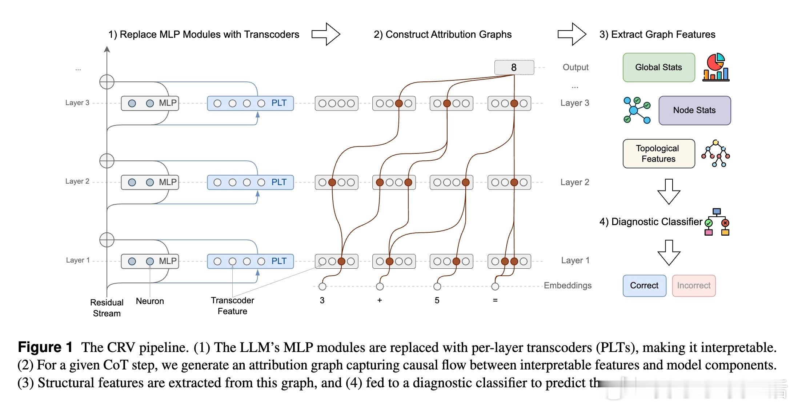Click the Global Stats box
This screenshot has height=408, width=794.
(x=658, y=67)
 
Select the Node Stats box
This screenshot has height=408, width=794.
(x=694, y=110)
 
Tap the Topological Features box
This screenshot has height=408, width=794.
(x=658, y=153)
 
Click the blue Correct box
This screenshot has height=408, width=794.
(x=644, y=285)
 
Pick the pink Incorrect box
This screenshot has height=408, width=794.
(x=694, y=285)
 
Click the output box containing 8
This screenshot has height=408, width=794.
(x=514, y=67)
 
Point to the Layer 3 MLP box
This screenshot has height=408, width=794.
(x=150, y=103)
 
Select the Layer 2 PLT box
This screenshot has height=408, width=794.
(x=250, y=182)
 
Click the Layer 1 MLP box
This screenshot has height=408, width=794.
(x=150, y=261)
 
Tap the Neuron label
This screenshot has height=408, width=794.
(x=150, y=301)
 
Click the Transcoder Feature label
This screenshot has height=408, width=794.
(x=232, y=305)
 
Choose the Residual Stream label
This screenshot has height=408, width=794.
(x=107, y=308)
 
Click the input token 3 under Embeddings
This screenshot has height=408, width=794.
(x=322, y=300)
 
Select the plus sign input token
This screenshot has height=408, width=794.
(x=380, y=300)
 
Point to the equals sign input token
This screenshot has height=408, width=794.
(x=495, y=300)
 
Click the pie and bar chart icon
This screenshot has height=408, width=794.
(x=715, y=67)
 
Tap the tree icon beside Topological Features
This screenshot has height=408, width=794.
(x=715, y=153)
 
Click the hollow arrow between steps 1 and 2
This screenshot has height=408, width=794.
(x=326, y=34)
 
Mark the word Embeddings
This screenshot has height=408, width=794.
(x=568, y=285)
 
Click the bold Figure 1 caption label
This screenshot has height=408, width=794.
(x=45, y=347)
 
